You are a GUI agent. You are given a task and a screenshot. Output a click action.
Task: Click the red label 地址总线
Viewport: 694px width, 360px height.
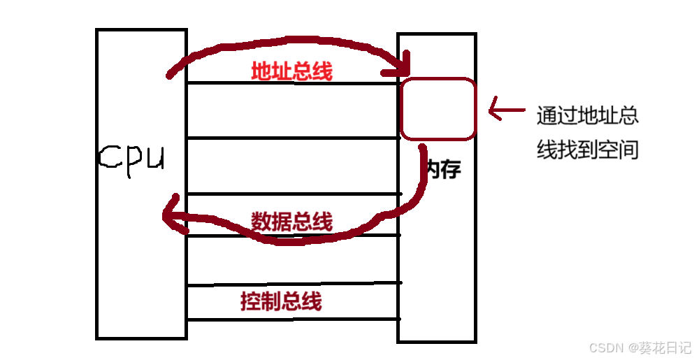pos(292,71)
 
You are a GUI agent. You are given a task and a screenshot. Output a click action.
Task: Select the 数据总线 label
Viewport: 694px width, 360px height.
pos(292,221)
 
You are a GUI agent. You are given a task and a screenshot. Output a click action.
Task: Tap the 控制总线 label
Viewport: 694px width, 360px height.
pos(281,301)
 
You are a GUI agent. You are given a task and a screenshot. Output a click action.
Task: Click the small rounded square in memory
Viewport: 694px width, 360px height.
pos(438,108)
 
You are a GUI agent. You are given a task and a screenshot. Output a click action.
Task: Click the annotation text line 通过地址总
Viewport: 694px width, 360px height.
pos(587,115)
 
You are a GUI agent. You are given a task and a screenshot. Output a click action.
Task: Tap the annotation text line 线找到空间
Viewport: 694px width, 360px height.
pos(587,150)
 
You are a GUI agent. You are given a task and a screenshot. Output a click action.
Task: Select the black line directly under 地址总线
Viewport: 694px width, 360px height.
pos(292,84)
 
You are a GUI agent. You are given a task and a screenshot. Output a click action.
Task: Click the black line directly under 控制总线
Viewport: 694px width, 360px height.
pos(294,319)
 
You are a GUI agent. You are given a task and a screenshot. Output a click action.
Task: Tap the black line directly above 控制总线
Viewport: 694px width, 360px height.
pos(294,284)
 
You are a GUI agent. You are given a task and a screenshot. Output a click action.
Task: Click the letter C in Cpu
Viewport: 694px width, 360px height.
pos(109,158)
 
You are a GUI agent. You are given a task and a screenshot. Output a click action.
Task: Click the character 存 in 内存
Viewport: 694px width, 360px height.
pos(451,168)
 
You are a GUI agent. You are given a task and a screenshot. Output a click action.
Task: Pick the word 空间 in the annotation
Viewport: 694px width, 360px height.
pos(621,150)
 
